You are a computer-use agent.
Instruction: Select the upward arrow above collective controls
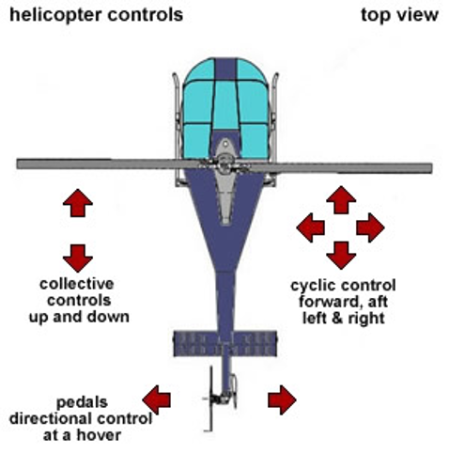tap(78, 203)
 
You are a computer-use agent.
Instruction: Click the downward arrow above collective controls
tap(78, 258)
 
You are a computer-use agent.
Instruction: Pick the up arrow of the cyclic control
tap(341, 200)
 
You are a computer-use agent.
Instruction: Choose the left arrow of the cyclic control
tap(310, 227)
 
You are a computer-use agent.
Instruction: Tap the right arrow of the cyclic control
tap(370, 227)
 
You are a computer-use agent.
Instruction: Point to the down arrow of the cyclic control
tap(341, 256)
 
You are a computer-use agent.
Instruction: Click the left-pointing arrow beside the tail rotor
tap(156, 399)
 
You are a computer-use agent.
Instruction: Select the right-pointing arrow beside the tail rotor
tap(282, 399)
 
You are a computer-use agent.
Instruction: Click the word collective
tap(77, 284)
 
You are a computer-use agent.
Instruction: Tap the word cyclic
tap(314, 286)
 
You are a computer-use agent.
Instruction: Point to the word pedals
tap(82, 402)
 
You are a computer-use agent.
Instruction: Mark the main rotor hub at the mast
tap(224, 164)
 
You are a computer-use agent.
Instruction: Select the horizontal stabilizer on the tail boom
tap(225, 344)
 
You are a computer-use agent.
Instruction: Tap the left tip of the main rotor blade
tap(18, 164)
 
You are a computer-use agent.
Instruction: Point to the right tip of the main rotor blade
tap(432, 168)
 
